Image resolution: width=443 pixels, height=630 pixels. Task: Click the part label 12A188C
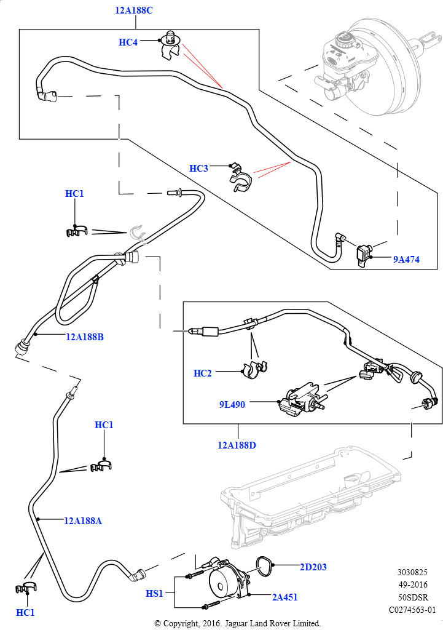coord(134,10)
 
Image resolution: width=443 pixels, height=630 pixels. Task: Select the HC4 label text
coord(128,42)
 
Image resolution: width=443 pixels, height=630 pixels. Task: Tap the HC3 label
coord(199,169)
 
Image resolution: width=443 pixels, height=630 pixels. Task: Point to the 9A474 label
coord(406,260)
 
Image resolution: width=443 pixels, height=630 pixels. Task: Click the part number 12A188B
coord(85,337)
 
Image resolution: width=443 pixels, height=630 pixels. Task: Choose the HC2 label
coord(203,373)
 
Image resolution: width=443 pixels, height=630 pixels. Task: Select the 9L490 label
coord(232,405)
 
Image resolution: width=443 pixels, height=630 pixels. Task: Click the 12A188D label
coord(237,445)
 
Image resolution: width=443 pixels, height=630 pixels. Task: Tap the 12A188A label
coord(83,521)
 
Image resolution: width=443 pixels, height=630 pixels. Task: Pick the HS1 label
coord(154,594)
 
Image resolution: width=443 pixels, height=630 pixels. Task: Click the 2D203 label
coord(313,567)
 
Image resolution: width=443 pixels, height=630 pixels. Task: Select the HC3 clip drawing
coord(240,178)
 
